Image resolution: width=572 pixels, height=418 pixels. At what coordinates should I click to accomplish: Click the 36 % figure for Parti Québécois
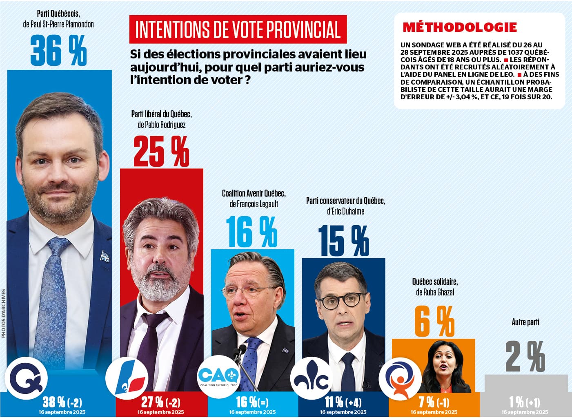58,51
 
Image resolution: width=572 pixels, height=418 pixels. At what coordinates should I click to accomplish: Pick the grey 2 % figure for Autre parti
525,357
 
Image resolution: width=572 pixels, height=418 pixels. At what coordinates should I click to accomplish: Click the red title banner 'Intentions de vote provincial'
238,29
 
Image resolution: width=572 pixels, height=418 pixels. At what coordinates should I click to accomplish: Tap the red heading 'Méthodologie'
460,27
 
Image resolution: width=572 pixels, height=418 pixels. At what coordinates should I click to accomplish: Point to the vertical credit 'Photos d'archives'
4,313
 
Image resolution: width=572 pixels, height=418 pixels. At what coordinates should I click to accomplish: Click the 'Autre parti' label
525,322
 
